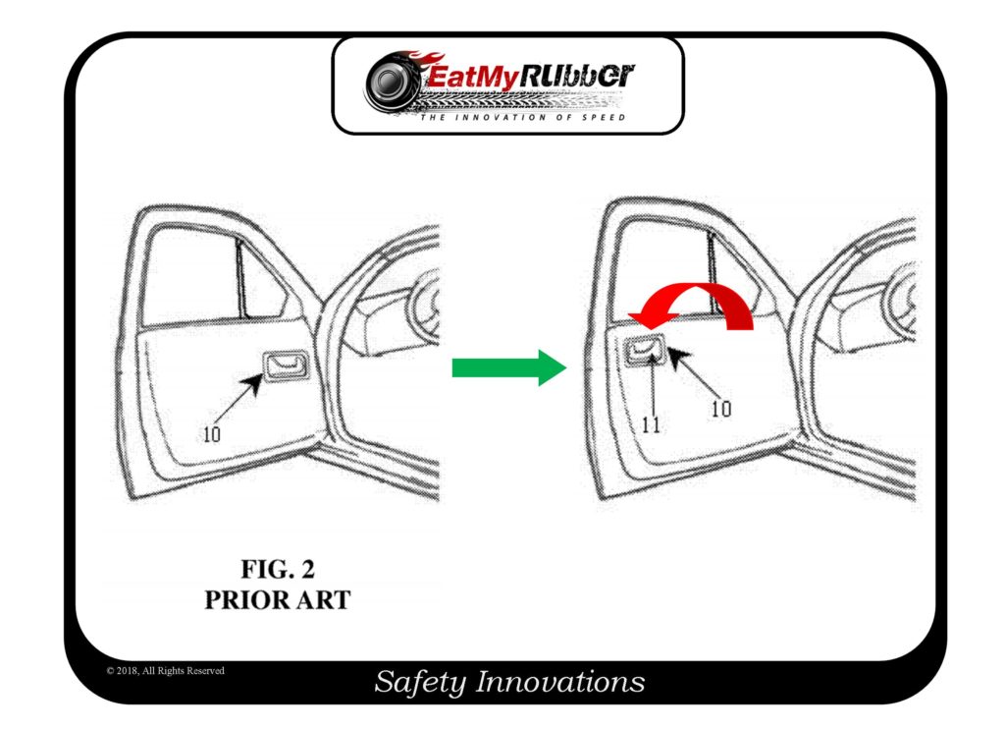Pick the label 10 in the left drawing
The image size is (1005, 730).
point(211,433)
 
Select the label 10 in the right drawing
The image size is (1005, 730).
point(721,409)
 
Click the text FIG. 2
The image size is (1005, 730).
point(278,569)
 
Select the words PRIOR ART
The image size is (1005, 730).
point(277,599)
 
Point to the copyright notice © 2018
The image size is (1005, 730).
point(165,671)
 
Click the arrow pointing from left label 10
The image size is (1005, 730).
point(239,399)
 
